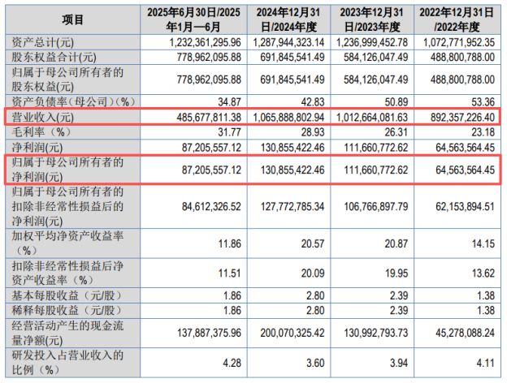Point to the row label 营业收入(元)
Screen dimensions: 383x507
pos(45,117)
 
